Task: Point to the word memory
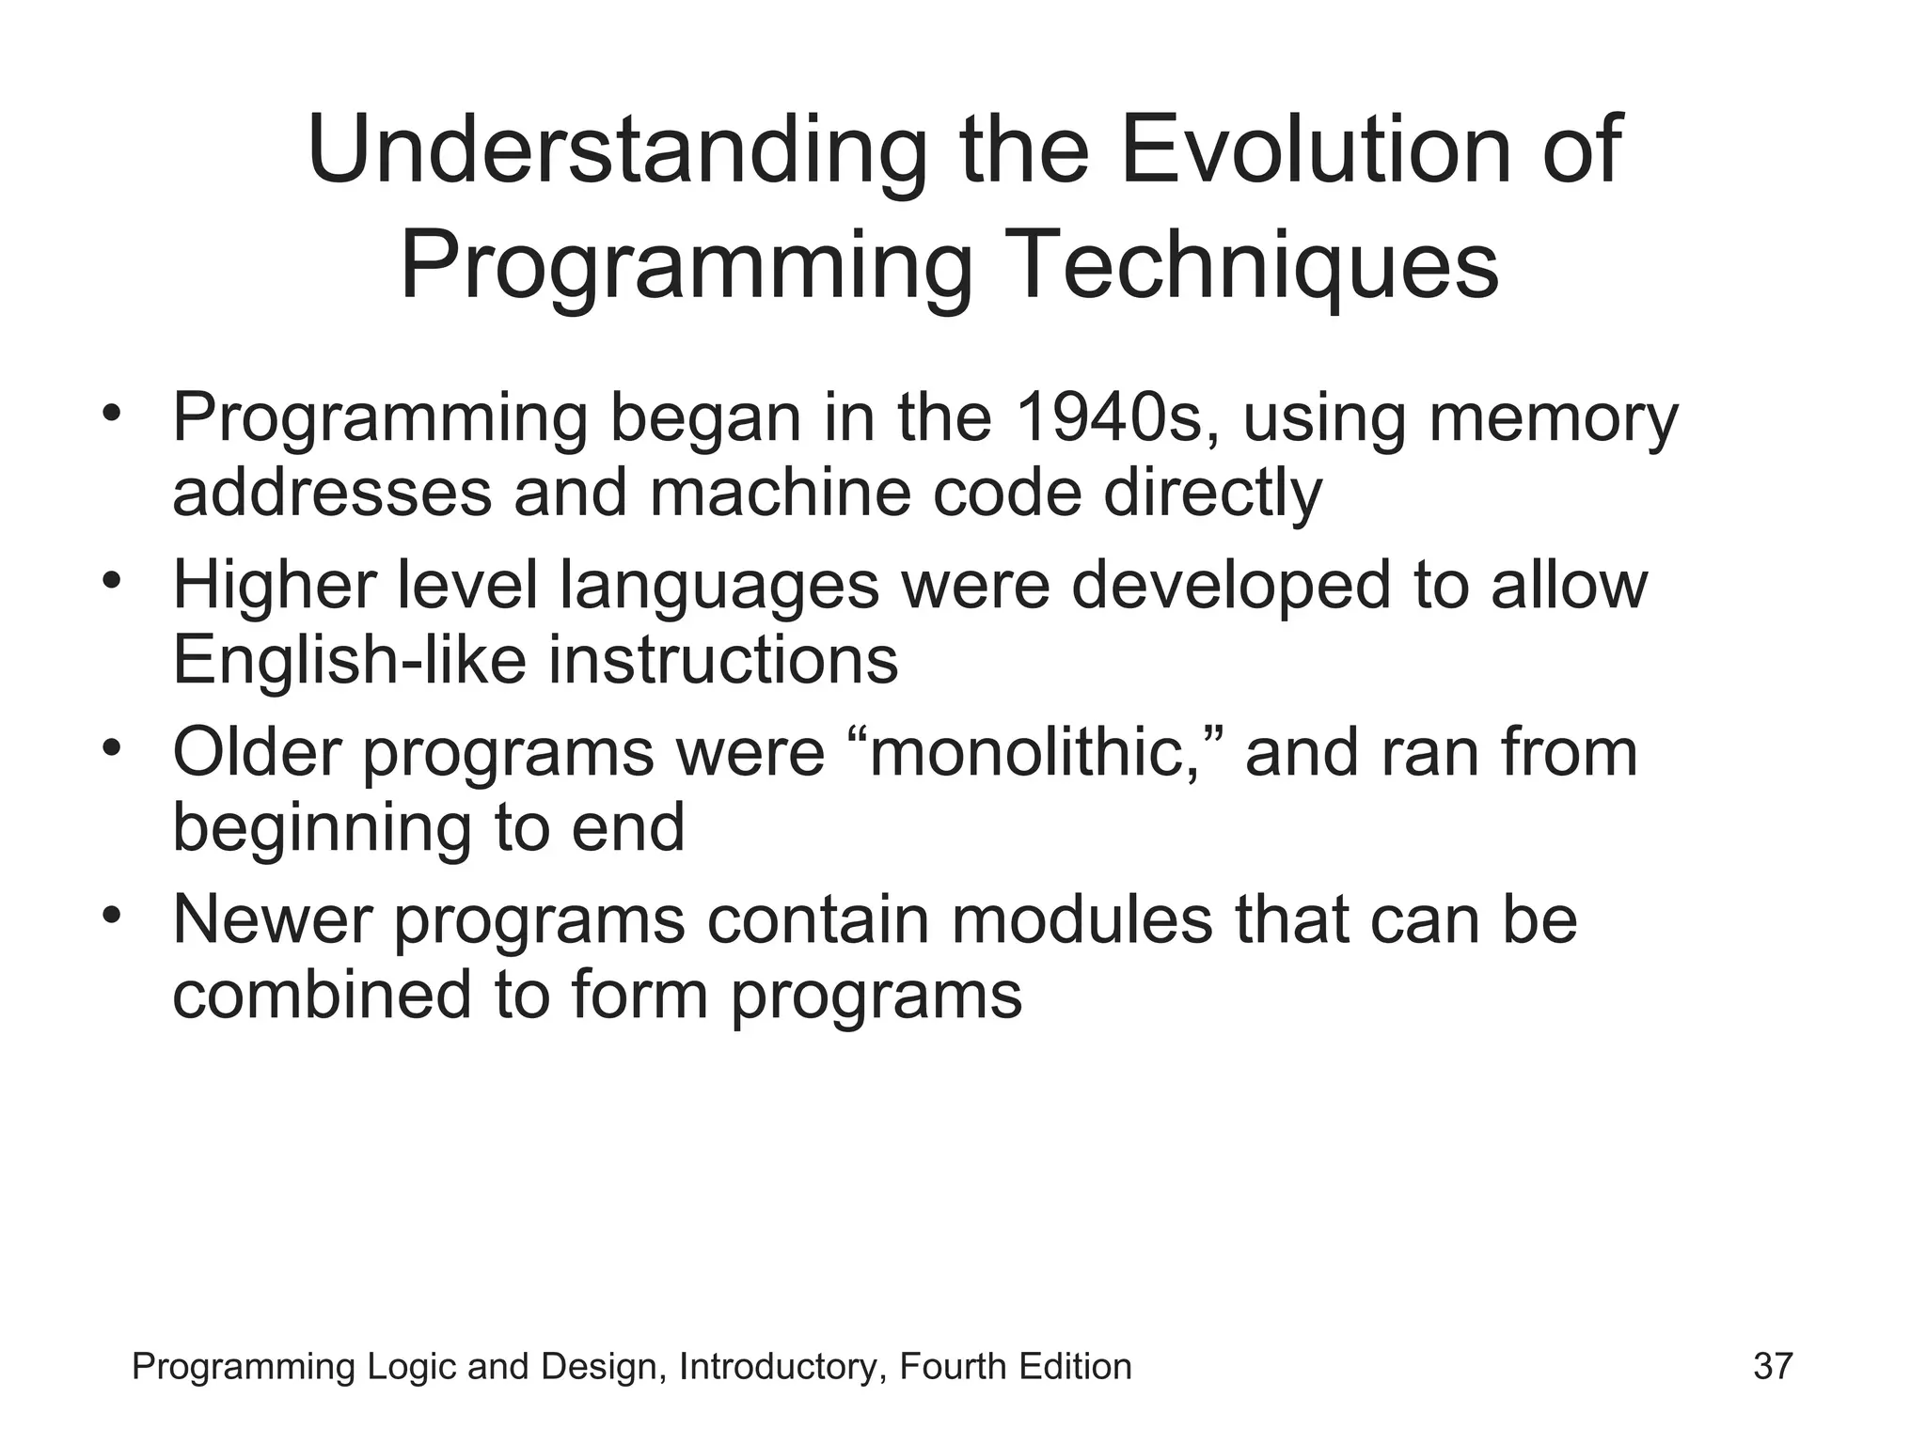[x=1554, y=419]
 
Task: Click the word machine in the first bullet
[x=780, y=493]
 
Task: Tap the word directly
[x=1212, y=494]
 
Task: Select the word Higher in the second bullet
[x=274, y=587]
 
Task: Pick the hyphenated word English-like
[x=349, y=660]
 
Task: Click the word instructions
[x=723, y=660]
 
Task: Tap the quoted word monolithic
[x=1033, y=753]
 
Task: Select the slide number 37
[x=1773, y=1366]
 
